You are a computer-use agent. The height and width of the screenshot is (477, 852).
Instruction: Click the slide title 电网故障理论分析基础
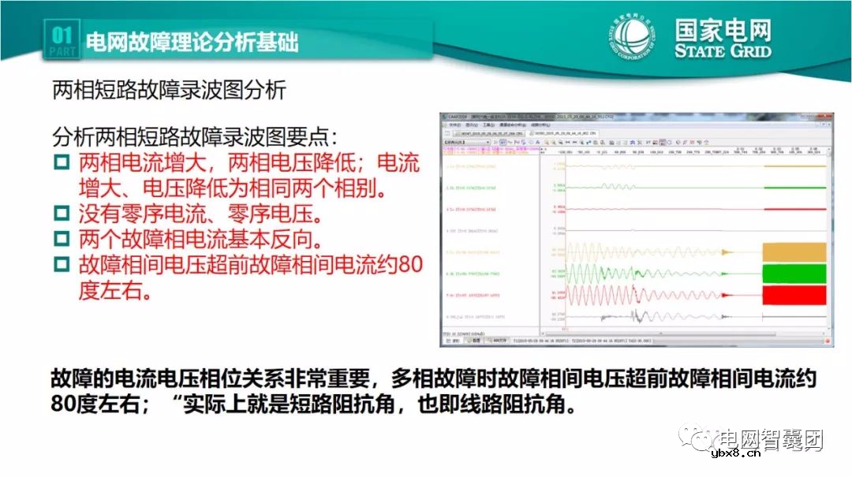coord(191,42)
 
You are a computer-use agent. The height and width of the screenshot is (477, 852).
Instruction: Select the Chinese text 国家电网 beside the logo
coord(723,30)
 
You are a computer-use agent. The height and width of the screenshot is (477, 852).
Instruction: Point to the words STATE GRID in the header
coord(723,52)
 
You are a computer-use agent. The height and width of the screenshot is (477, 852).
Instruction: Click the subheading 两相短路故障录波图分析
coord(169,91)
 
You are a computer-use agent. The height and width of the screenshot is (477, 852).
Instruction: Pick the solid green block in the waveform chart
coord(794,274)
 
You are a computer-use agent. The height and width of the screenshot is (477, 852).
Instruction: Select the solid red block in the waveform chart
coord(794,295)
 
